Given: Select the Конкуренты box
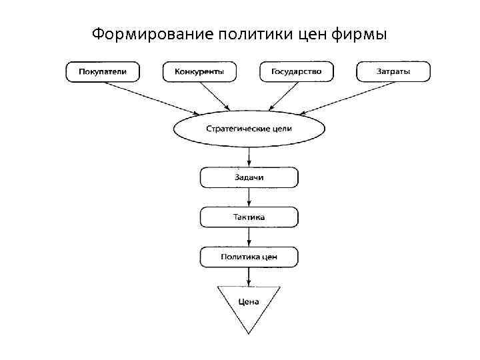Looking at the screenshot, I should pos(199,71).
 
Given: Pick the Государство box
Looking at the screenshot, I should pos(297,71).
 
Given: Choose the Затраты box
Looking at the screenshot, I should pos(393,71).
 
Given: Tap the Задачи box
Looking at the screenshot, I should pos(249,177).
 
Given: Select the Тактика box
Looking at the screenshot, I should pos(249,217).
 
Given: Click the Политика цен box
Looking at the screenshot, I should pos(249,257).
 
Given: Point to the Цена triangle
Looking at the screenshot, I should pos(249,303).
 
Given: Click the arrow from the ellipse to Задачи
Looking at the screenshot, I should pos(249,156).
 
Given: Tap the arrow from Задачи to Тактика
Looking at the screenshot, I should pos(249,197).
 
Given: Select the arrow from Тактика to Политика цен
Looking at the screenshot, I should pos(249,237).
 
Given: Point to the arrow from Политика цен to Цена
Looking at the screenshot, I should pos(249,277).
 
